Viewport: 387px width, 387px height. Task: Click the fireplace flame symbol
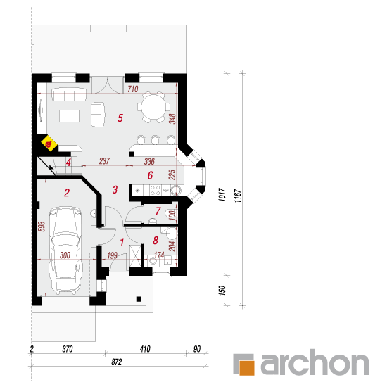49,143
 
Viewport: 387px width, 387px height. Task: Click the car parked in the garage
65,250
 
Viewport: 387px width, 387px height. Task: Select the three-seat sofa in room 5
69,95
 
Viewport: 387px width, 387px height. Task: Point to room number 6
150,175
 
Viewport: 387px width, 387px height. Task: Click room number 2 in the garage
67,193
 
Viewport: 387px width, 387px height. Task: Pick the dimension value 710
133,89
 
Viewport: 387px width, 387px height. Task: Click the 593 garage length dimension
42,227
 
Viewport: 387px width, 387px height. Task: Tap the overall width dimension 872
117,362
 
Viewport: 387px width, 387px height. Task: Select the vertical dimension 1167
237,196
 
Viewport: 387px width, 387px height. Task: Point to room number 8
156,240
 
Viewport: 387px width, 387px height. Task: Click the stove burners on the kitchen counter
156,190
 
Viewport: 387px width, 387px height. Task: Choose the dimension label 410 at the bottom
145,349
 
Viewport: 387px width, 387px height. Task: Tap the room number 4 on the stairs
68,163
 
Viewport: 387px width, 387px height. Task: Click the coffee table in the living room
70,116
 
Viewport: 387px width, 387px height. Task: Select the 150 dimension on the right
222,290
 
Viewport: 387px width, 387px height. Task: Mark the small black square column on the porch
139,299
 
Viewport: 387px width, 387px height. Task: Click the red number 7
158,211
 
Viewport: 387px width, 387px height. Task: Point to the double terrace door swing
107,85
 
